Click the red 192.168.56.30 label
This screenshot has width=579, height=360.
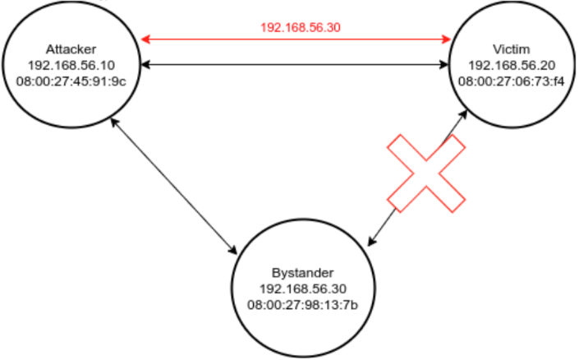[301, 27]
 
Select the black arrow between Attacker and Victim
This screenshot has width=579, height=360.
[296, 64]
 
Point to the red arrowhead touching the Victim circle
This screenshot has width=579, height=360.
[447, 39]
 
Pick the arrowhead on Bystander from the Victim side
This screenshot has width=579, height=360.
[372, 242]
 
